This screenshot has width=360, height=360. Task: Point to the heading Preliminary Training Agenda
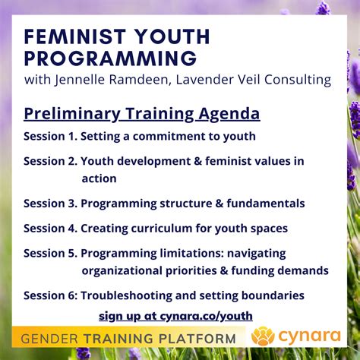coord(141,114)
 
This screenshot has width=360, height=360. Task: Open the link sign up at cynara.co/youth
coord(175,315)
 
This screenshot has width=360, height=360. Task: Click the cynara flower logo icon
coord(263,336)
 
